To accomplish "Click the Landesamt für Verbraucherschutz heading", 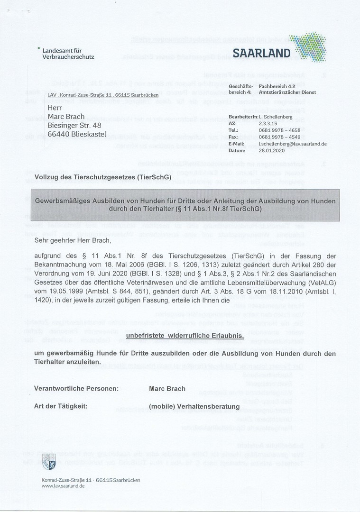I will click(x=68, y=54).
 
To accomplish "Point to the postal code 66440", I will click(x=60, y=135).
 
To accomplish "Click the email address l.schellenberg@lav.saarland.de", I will click(x=292, y=144).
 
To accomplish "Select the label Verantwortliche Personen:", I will click(x=76, y=389).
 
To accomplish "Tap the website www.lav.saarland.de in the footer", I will click(x=63, y=486).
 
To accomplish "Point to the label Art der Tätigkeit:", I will click(x=60, y=406).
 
